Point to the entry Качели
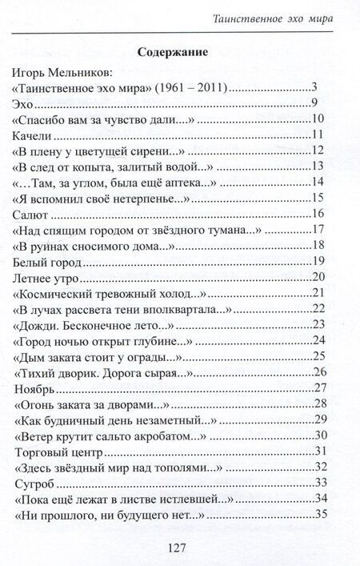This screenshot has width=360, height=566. (36, 134)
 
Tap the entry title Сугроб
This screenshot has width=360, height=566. (35, 483)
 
